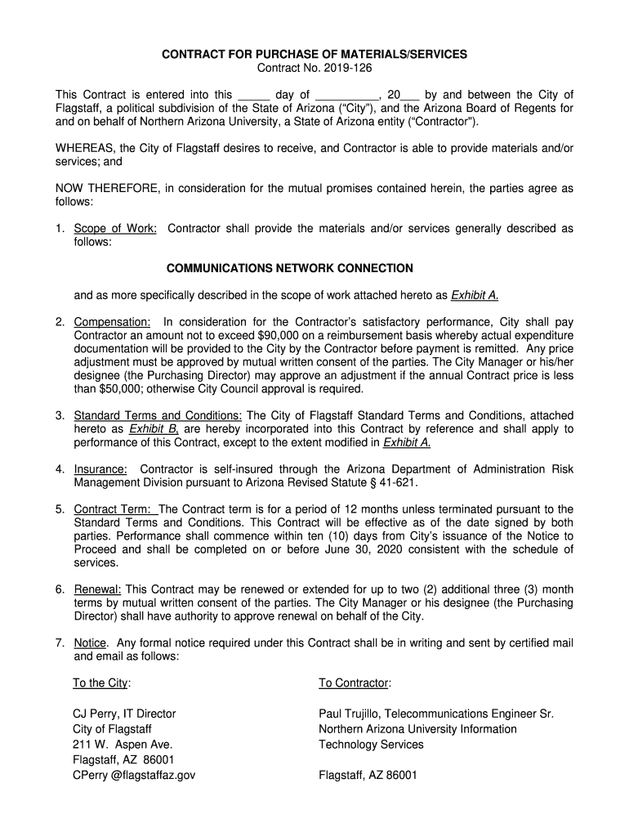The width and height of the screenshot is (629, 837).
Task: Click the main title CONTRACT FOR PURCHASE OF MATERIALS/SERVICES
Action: point(314,54)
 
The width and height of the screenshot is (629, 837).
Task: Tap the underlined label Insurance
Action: point(100,469)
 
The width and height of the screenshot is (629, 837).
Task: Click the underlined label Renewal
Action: point(98,589)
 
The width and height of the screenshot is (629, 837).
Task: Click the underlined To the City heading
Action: point(101,683)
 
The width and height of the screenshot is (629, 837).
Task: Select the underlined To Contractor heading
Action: point(355,683)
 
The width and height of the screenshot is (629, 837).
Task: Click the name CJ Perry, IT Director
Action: point(124,714)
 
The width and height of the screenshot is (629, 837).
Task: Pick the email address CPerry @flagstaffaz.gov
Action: point(134,776)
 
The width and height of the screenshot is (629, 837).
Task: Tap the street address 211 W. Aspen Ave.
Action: point(123,745)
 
